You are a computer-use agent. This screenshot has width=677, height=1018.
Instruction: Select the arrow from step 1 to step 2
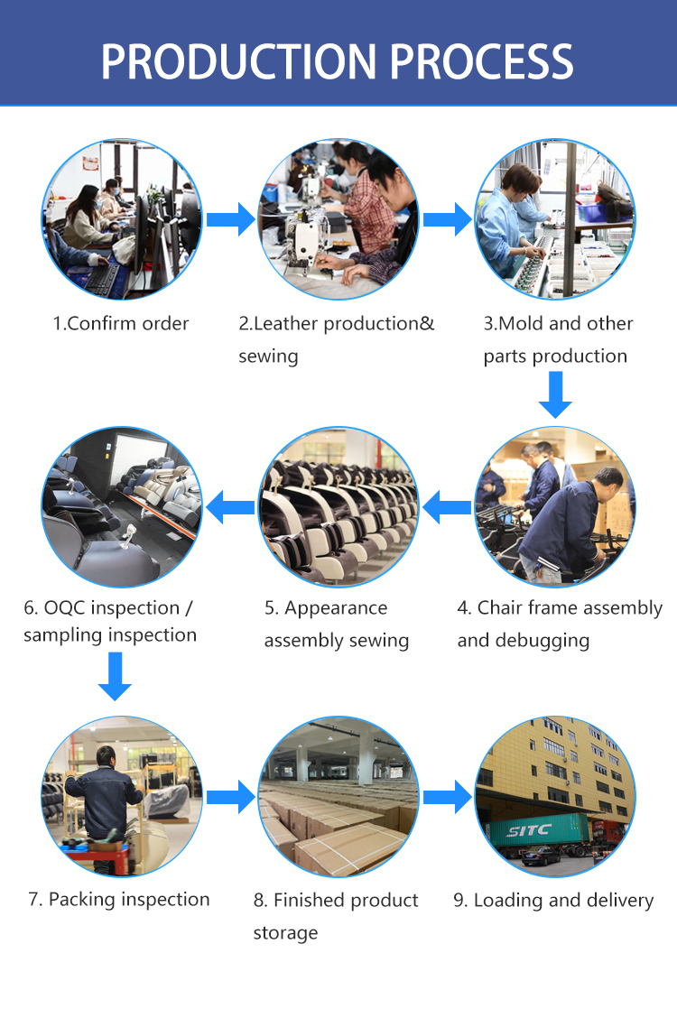[231, 219]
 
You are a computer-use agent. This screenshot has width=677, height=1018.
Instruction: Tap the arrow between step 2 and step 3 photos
[448, 219]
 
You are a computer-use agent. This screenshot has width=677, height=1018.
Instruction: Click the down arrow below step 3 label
[555, 395]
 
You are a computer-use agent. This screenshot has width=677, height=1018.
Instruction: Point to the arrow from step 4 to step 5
[447, 507]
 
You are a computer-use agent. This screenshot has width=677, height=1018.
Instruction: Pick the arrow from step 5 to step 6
[230, 507]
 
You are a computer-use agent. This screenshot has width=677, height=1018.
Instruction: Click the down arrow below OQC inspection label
[115, 677]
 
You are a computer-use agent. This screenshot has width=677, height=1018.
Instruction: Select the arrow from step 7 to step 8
[231, 797]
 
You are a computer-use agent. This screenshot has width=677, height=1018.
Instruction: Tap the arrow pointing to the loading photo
[448, 797]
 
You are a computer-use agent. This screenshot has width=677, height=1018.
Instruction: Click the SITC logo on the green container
[529, 829]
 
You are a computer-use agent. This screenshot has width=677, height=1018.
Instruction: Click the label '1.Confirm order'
[121, 323]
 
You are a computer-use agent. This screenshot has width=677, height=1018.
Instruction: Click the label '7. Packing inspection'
[118, 900]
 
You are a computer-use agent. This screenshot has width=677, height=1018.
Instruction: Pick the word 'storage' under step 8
[285, 932]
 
